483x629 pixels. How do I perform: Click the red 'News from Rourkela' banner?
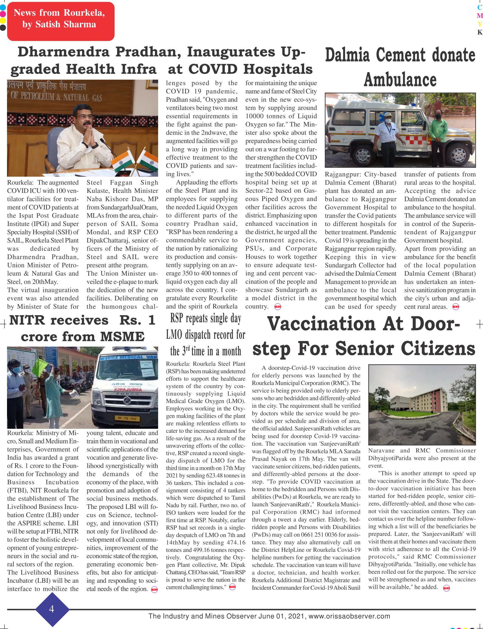(61, 21)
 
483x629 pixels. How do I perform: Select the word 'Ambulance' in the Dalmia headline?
(400, 80)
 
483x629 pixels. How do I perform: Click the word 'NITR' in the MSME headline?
(27, 320)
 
